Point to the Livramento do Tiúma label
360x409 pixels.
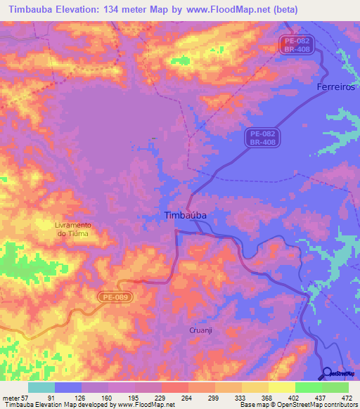click(72, 229)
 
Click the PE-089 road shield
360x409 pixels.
click(115, 298)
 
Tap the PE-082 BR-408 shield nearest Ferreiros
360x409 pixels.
click(297, 45)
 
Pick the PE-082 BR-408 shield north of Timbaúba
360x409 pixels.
click(263, 138)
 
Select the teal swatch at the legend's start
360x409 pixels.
click(41, 387)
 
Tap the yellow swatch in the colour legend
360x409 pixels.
click(282, 387)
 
